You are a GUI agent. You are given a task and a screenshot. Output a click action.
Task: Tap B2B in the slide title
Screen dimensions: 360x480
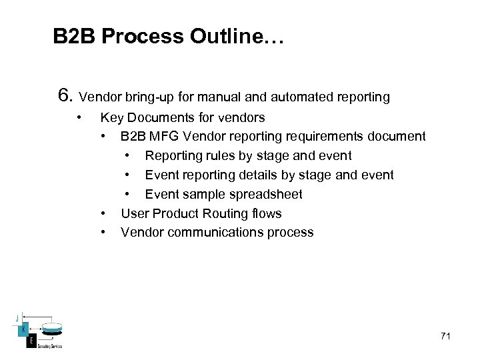75,36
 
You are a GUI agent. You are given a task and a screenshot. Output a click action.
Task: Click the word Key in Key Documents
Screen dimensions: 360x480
111,118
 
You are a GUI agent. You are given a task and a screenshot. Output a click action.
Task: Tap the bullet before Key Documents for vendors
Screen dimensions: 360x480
79,118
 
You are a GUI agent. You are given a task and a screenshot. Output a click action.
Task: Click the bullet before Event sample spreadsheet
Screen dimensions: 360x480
127,194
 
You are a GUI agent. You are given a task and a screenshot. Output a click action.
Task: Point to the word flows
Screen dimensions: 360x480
266,213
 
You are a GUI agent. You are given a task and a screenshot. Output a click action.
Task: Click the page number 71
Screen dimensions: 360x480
445,336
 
